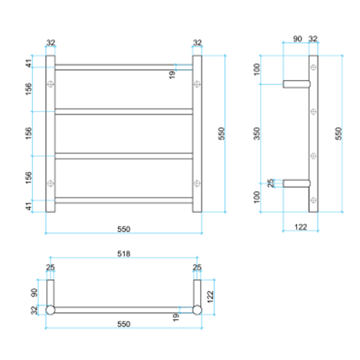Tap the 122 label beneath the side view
300,228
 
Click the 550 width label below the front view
124,230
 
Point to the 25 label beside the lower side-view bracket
270,183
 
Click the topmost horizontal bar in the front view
124,66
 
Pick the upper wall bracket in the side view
296,82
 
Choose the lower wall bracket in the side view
296,182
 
